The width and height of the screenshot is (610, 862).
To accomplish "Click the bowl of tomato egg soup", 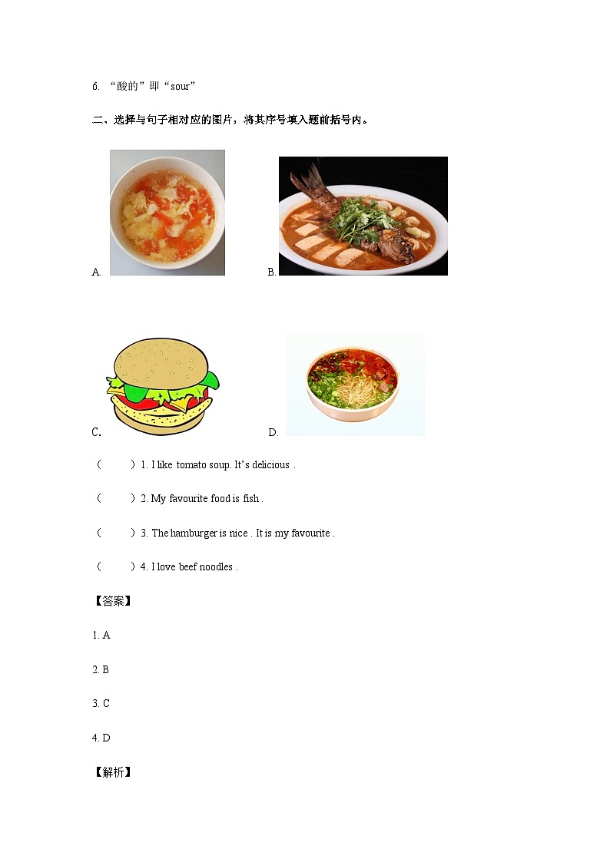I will pyautogui.click(x=167, y=213).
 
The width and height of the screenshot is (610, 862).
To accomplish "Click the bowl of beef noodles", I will pyautogui.click(x=353, y=383).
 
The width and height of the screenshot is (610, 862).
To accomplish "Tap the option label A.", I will pyautogui.click(x=96, y=272).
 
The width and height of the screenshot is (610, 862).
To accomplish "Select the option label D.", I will pyautogui.click(x=273, y=432).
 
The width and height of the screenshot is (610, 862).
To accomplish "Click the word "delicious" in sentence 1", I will pyautogui.click(x=270, y=464).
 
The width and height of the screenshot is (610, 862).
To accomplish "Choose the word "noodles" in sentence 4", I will pyautogui.click(x=216, y=567).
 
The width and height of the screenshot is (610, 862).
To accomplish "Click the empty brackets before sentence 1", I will pyautogui.click(x=116, y=464).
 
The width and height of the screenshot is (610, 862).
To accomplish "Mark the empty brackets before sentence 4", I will pyautogui.click(x=116, y=567).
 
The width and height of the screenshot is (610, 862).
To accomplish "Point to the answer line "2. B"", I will pyautogui.click(x=101, y=669).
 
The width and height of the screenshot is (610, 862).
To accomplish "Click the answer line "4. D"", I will pyautogui.click(x=101, y=738).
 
